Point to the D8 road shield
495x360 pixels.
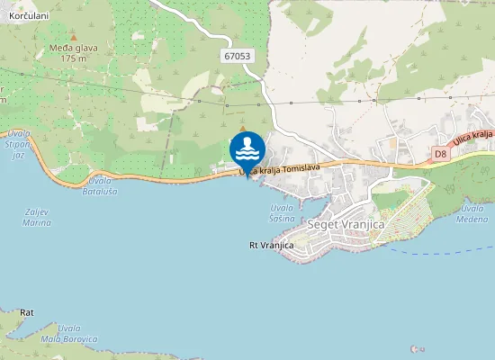(x=440, y=154)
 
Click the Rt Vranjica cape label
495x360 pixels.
(x=272, y=245)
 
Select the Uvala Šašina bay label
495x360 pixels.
(x=282, y=212)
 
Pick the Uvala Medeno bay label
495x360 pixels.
(x=473, y=213)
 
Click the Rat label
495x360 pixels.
(x=27, y=312)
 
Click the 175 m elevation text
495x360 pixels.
(x=73, y=59)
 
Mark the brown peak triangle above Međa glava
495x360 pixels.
(x=73, y=38)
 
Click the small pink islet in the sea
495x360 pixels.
(x=415, y=348)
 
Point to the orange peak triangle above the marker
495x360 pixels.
(x=242, y=129)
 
